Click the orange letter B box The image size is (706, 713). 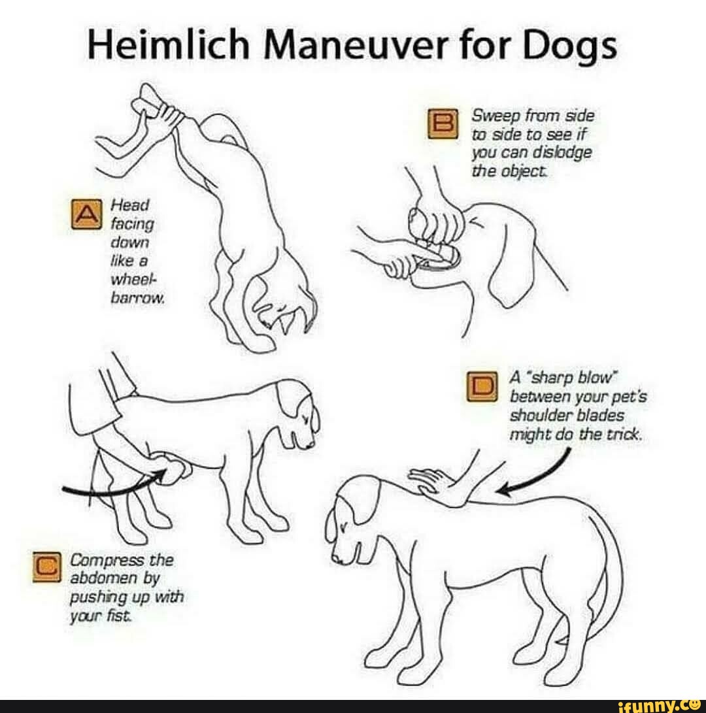coord(440,124)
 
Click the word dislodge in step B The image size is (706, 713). coord(562,153)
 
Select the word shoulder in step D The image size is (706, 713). coord(540,416)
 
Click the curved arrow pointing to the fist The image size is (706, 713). coord(111,487)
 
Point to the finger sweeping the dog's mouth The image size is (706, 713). coord(402,261)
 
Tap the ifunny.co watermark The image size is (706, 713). coord(660,705)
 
